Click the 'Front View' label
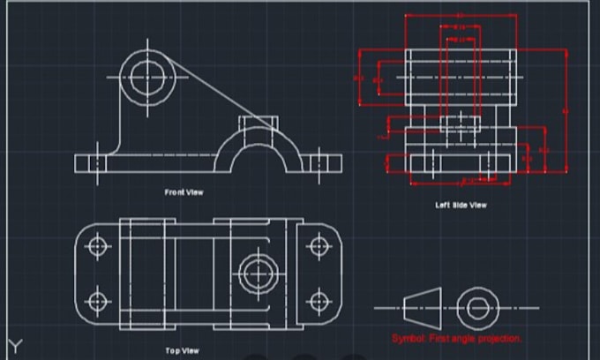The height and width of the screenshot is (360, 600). tap(184, 191)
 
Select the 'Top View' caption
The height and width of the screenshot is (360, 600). tap(183, 350)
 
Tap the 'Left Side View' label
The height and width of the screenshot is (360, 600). tap(461, 205)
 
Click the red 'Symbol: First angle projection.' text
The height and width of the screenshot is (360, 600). tap(457, 338)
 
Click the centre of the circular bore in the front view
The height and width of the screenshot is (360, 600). tap(146, 76)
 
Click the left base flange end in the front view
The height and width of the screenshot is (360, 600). tap(89, 162)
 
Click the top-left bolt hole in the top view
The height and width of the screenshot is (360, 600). tap(98, 245)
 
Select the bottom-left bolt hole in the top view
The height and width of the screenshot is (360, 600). tap(98, 302)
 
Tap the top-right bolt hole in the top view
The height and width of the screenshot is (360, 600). tap(317, 245)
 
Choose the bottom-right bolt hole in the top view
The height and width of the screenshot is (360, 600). tap(317, 302)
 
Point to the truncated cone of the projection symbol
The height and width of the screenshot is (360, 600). tap(419, 308)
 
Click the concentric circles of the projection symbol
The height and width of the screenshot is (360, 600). tap(477, 308)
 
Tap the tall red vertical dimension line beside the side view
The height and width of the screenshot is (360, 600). tap(566, 110)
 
